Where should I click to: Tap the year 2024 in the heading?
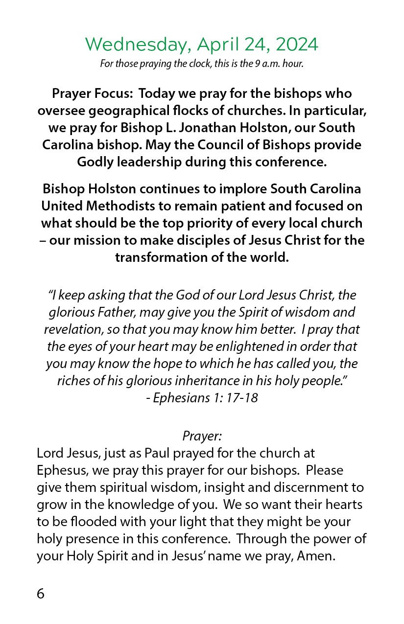[x=296, y=45]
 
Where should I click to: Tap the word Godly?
[x=94, y=162]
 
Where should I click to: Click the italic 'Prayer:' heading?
[x=202, y=436]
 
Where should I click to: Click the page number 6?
[x=41, y=594]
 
